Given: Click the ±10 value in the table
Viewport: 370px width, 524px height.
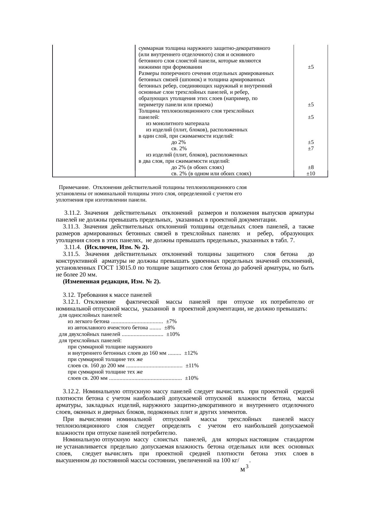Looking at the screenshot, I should pos(311,173).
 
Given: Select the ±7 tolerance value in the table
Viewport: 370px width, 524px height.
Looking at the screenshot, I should pos(311,148).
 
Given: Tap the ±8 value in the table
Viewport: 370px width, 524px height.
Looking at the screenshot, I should pos(311,168).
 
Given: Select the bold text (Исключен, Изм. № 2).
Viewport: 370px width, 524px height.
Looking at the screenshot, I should pos(117,247).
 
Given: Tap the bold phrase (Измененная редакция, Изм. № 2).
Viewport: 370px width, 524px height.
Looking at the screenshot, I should pos(112,282).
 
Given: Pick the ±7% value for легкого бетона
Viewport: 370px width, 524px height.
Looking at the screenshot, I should pos(171,321).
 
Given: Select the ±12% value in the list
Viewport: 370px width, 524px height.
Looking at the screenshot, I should pos(191,353).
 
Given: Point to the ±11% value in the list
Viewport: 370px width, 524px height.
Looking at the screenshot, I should pos(192,365).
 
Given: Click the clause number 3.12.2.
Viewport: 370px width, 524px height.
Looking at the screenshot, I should pos(72,391).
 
